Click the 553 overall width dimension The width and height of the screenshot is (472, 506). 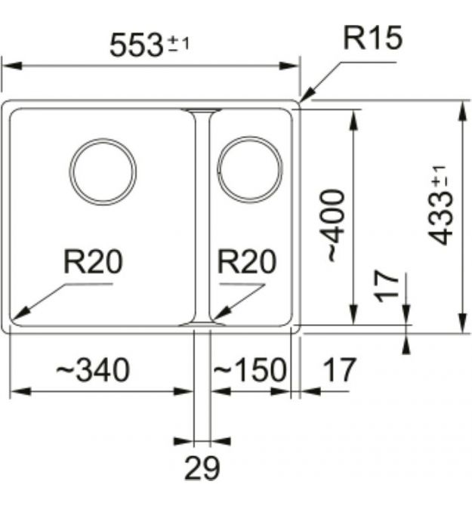pyautogui.click(x=136, y=45)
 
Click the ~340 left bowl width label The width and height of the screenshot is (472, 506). pyautogui.click(x=93, y=370)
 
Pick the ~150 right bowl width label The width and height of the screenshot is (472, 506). pyautogui.click(x=249, y=370)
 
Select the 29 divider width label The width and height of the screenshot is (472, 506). pyautogui.click(x=202, y=470)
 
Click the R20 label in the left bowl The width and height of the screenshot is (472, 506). pyautogui.click(x=93, y=262)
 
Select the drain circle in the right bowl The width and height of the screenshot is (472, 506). pyautogui.click(x=250, y=171)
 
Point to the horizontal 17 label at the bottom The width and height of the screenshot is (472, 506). pyautogui.click(x=339, y=370)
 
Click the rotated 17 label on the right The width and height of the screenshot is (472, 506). pyautogui.click(x=387, y=286)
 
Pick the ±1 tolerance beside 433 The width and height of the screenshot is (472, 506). pyautogui.click(x=440, y=179)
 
